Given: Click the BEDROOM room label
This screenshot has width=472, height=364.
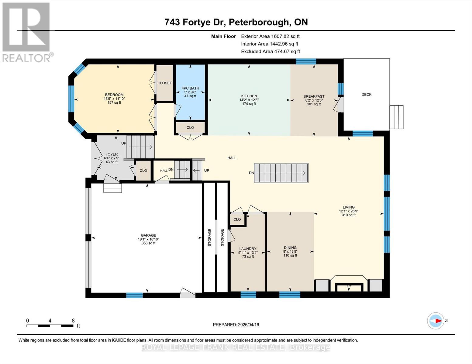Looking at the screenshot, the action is click(114, 95).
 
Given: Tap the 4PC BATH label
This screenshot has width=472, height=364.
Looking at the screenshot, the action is click(190, 88).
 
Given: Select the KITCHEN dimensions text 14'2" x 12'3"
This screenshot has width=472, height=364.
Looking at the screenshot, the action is click(249, 100).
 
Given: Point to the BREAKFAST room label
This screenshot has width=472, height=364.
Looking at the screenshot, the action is click(314, 96).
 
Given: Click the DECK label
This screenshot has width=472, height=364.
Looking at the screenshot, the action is click(367, 95).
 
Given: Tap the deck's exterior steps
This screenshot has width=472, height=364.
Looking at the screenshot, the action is click(396, 117).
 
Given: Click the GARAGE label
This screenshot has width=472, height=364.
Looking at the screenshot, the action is click(148, 235).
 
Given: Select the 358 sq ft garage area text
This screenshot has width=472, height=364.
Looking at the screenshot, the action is click(148, 243).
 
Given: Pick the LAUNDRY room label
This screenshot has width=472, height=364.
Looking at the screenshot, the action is click(248, 249).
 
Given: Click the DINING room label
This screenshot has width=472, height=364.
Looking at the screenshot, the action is click(290, 248).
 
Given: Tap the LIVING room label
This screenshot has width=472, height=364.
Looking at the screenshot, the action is click(349, 207).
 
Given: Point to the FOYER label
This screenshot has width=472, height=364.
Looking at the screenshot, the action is click(112, 154).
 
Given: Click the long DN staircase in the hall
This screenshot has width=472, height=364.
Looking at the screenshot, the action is click(281, 173).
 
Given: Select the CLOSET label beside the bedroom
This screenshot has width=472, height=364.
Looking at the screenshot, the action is click(165, 83).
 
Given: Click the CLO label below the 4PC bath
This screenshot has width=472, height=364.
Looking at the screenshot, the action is click(190, 128).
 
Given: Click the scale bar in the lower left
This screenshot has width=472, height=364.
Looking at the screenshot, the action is click(50, 326).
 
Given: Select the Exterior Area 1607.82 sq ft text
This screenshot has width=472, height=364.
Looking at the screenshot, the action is click(270, 36).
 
